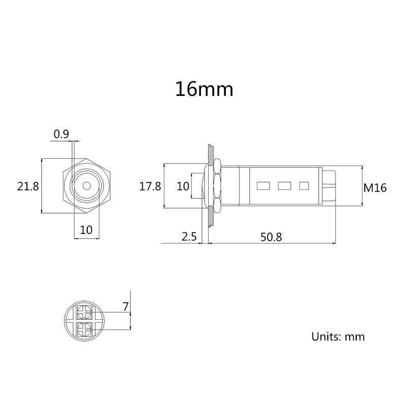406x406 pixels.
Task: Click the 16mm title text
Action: (x=204, y=89)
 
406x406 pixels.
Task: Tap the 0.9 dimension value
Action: (x=61, y=134)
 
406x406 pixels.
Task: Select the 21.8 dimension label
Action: (x=28, y=186)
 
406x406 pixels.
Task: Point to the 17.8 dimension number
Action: (x=150, y=186)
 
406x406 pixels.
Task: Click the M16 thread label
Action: (x=375, y=188)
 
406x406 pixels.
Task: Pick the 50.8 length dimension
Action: (x=271, y=236)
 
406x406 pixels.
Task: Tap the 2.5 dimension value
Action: (x=189, y=236)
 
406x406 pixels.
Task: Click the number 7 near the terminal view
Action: (x=126, y=306)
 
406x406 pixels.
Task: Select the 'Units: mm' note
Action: (x=338, y=336)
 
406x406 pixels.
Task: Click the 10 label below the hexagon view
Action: (x=86, y=230)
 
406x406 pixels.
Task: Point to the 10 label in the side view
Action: (x=183, y=186)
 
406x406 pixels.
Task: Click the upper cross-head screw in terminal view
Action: (x=85, y=311)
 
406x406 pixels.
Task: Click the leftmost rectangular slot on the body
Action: (x=264, y=186)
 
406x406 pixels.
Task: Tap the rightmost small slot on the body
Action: (x=304, y=186)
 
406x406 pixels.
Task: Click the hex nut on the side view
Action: (x=217, y=186)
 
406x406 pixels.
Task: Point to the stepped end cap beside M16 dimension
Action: (x=329, y=186)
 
